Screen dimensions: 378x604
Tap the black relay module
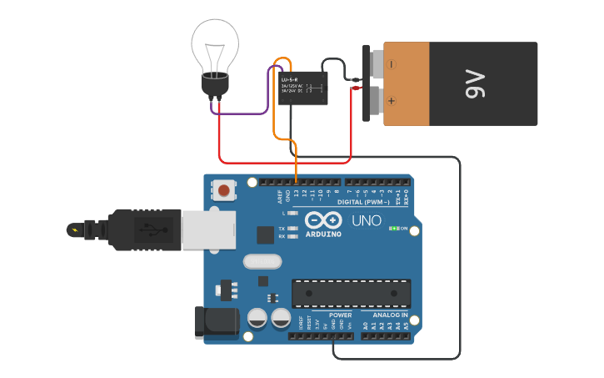point(302,88)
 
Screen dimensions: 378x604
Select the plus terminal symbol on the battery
point(392,100)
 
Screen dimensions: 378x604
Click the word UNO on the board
point(367,221)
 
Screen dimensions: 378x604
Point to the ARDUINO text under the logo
point(323,234)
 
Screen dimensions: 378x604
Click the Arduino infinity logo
point(323,220)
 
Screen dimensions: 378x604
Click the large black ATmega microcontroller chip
point(351,293)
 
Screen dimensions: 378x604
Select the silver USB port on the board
point(208,229)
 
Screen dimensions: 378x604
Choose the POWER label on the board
point(341,315)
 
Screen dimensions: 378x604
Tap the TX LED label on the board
point(282,228)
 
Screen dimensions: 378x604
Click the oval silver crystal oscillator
point(262,261)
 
